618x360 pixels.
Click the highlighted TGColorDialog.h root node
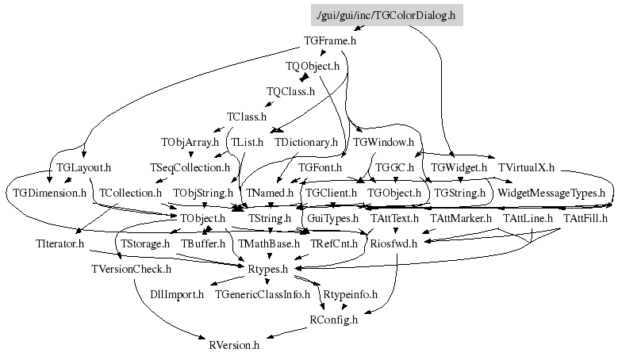[386, 15]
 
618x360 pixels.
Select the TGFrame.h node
[330, 40]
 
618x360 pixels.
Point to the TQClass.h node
[290, 91]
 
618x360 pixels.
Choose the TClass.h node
[247, 117]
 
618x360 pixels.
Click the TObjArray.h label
[190, 143]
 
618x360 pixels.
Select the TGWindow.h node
[384, 143]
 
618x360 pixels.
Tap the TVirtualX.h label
[526, 168]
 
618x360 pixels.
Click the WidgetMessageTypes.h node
[551, 193]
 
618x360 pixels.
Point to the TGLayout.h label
[83, 168]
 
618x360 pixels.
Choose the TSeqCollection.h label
[190, 168]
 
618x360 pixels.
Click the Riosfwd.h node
[394, 243]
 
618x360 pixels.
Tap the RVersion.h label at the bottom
[234, 345]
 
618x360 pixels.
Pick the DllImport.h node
[179, 294]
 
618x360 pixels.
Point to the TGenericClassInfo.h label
[263, 294]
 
